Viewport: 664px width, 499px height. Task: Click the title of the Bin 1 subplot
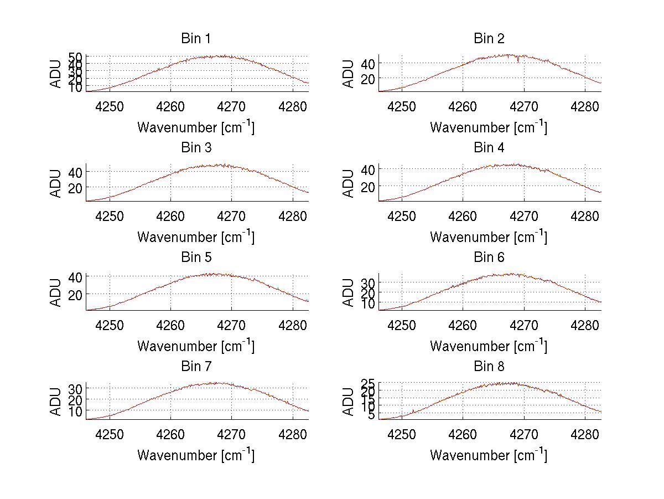click(195, 39)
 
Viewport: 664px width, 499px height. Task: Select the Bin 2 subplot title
click(489, 39)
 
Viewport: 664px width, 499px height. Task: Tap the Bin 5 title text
click(195, 258)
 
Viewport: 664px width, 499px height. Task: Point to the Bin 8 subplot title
click(489, 367)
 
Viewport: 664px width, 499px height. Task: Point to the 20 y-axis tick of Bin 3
click(75, 188)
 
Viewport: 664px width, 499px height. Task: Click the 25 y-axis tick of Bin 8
click(367, 383)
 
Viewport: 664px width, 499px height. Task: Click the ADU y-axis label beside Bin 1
click(56, 74)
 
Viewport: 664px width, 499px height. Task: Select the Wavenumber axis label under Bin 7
click(195, 455)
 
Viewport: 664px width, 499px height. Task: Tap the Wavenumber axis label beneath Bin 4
click(489, 236)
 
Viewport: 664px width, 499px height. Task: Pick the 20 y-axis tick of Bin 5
click(75, 294)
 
